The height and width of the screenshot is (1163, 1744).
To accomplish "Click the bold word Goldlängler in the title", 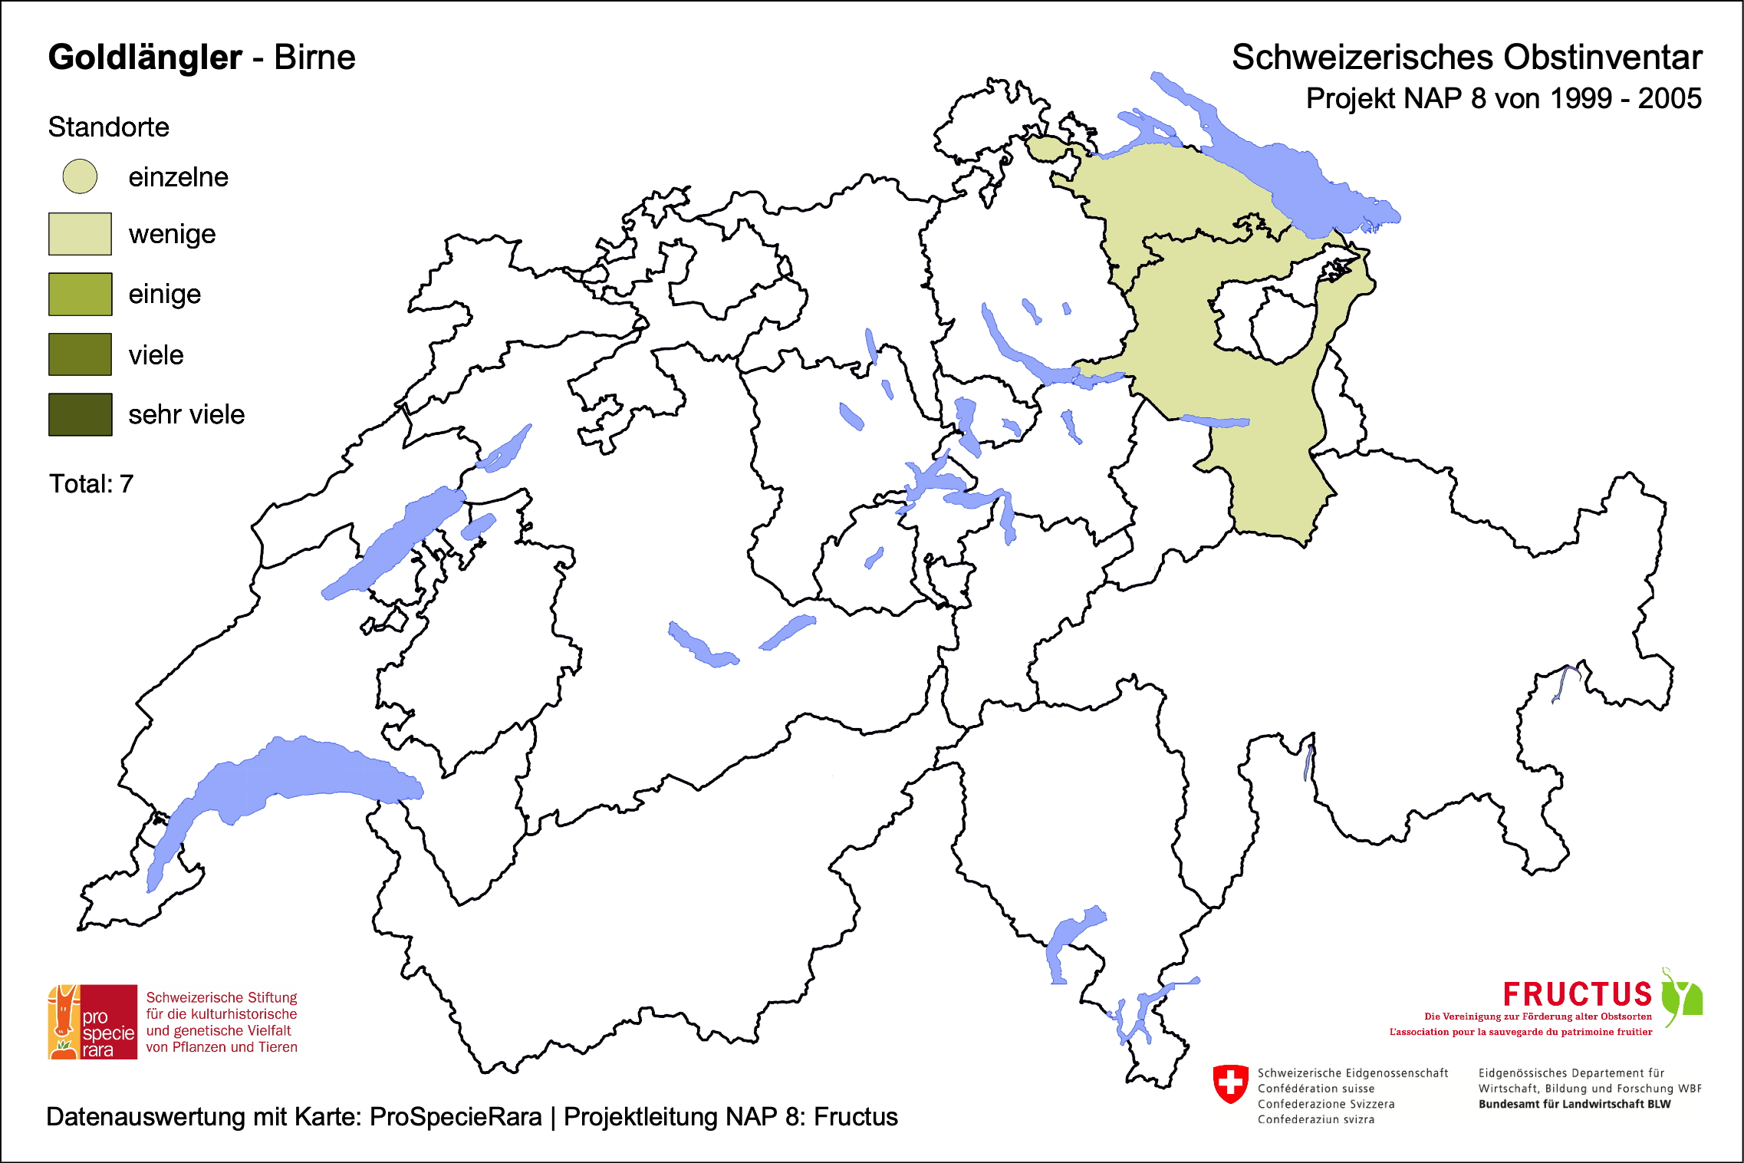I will click(145, 58).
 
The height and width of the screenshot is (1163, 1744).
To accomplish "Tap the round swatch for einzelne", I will click(80, 176).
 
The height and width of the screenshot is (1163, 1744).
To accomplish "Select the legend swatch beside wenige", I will click(80, 234).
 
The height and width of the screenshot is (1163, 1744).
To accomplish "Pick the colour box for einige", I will click(80, 294).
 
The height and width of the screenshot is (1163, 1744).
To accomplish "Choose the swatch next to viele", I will click(80, 354).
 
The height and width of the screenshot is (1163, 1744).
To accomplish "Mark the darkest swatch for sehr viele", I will click(80, 414).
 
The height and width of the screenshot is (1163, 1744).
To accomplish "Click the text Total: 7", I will click(91, 484).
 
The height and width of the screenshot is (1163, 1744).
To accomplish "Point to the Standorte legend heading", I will click(108, 127).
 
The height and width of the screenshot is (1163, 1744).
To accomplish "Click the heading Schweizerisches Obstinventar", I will click(1466, 58).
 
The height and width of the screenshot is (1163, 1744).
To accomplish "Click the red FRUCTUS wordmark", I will click(1577, 994).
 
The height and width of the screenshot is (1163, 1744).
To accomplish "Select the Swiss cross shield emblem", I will click(1230, 1084).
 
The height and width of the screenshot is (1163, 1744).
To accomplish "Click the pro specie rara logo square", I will click(93, 1022).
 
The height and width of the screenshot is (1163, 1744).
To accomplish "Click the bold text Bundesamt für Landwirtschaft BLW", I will click(1574, 1104).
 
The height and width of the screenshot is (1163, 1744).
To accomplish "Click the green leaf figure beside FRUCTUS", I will click(1683, 997).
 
